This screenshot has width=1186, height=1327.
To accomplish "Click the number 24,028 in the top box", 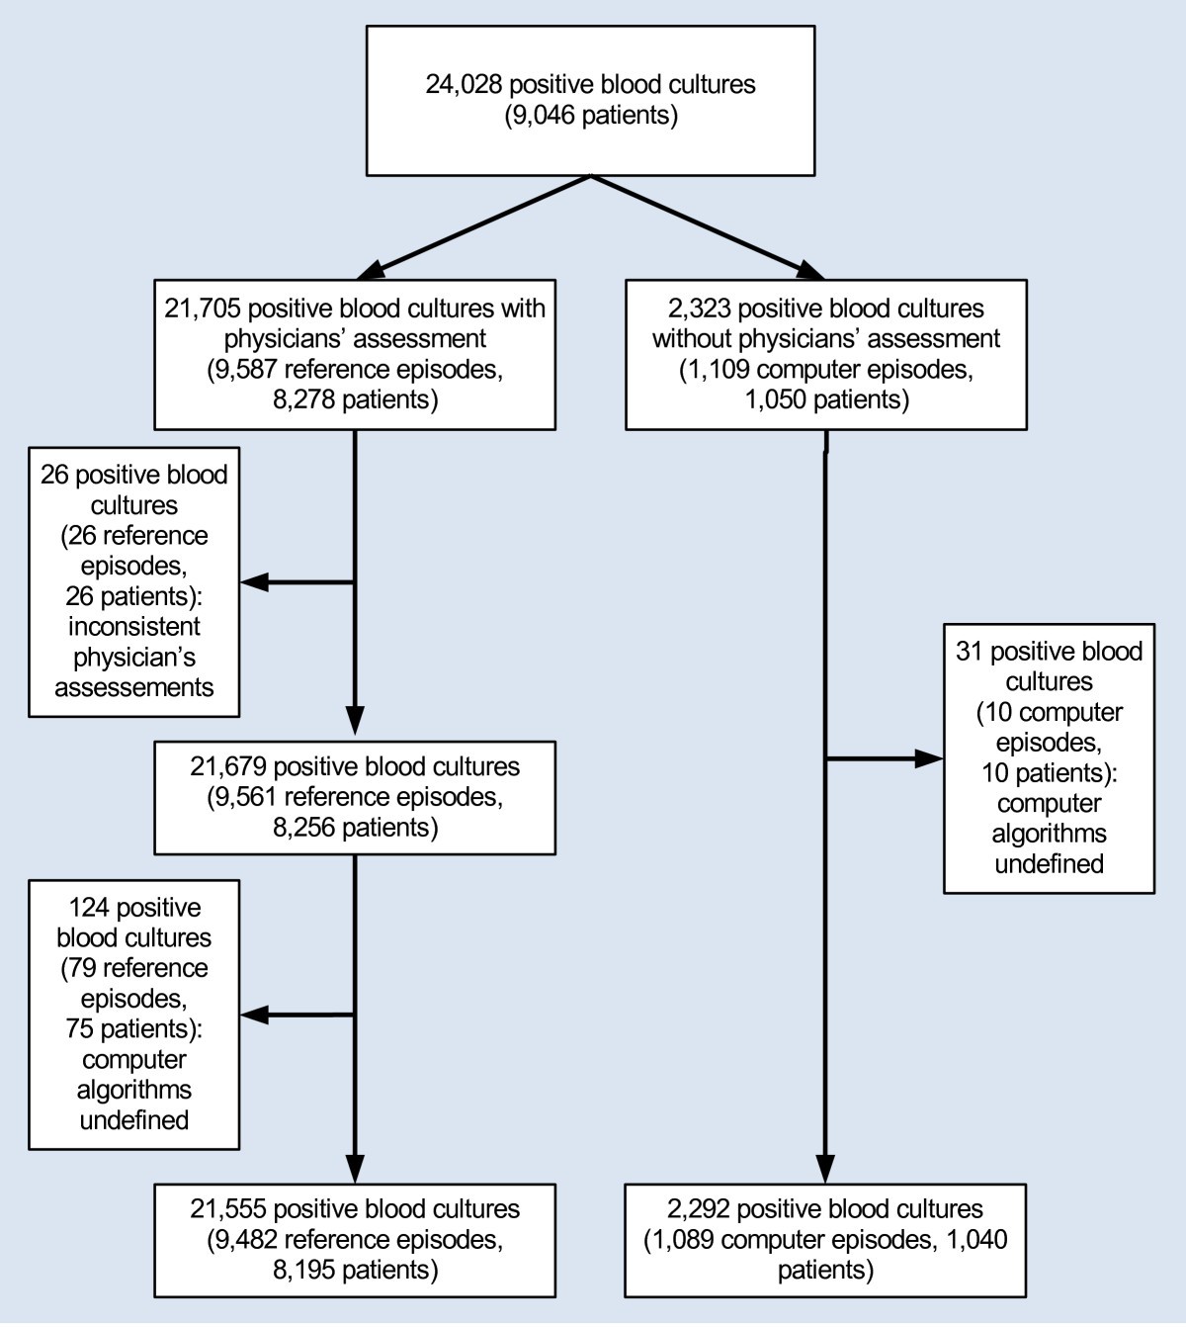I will (x=463, y=84).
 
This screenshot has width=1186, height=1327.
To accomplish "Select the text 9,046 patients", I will (x=591, y=116).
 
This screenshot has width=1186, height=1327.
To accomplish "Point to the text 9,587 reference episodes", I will (x=354, y=370).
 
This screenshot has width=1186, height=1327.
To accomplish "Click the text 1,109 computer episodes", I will (x=826, y=370).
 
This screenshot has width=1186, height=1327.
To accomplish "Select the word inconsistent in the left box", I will (x=134, y=627).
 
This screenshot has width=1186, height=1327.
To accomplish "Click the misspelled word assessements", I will (x=134, y=687).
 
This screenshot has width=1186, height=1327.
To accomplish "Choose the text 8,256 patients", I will (x=354, y=828).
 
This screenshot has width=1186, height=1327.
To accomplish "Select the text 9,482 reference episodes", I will (x=354, y=1240).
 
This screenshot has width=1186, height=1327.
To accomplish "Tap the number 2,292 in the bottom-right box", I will (x=698, y=1209).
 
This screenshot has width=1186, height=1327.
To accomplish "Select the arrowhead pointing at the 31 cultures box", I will (x=930, y=759).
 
